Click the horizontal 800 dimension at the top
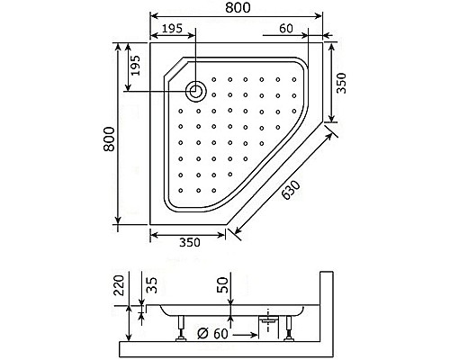[238, 9]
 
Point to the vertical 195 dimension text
[135, 66]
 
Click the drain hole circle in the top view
[194, 89]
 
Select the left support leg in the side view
[181, 330]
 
